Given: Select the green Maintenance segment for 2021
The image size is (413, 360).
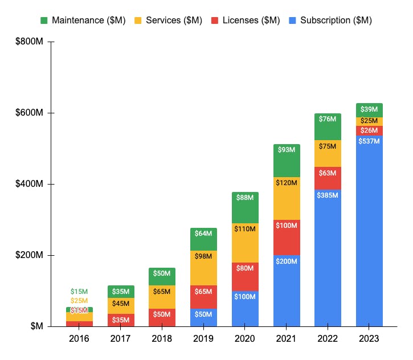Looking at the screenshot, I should pos(287,160).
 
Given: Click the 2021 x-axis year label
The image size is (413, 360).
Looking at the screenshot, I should pos(287,339).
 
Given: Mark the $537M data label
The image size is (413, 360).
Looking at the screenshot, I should pos(369,141).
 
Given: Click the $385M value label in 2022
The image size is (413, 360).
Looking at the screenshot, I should pos(328,195).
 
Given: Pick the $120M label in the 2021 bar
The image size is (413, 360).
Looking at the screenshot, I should pos(287,183).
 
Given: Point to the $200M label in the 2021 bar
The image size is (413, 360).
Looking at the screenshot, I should pos(287,261).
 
